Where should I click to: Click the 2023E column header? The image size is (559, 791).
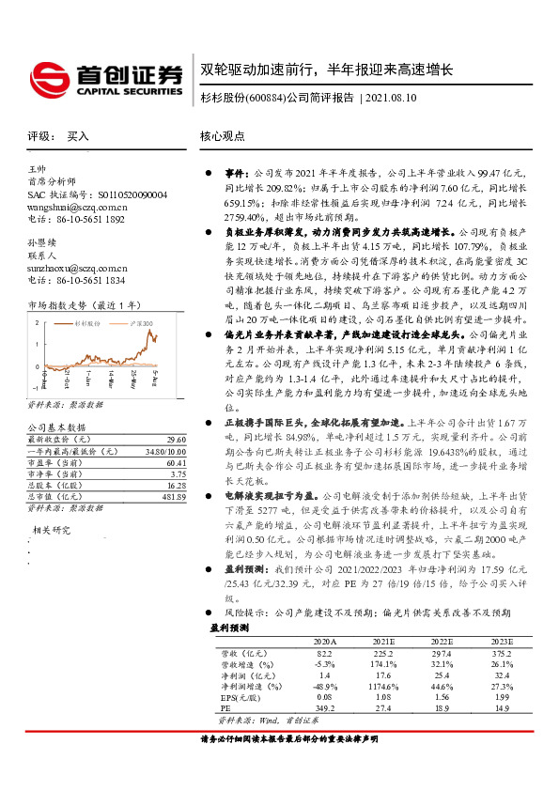502,640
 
